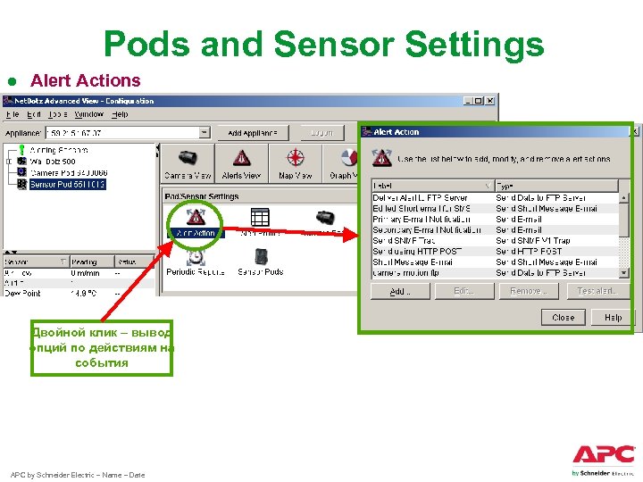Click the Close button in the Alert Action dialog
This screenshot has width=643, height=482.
(x=563, y=317)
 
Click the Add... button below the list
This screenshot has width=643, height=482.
(x=399, y=291)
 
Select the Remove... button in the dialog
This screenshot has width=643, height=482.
(x=528, y=291)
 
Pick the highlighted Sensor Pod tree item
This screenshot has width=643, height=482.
(x=67, y=184)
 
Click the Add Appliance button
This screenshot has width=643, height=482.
(x=253, y=133)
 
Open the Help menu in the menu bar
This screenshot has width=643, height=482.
(x=120, y=114)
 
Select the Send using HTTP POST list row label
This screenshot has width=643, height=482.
(x=417, y=251)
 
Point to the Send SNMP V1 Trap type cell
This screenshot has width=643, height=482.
(x=533, y=240)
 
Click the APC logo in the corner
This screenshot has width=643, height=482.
(x=604, y=454)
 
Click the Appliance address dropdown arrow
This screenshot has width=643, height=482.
(x=205, y=133)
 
